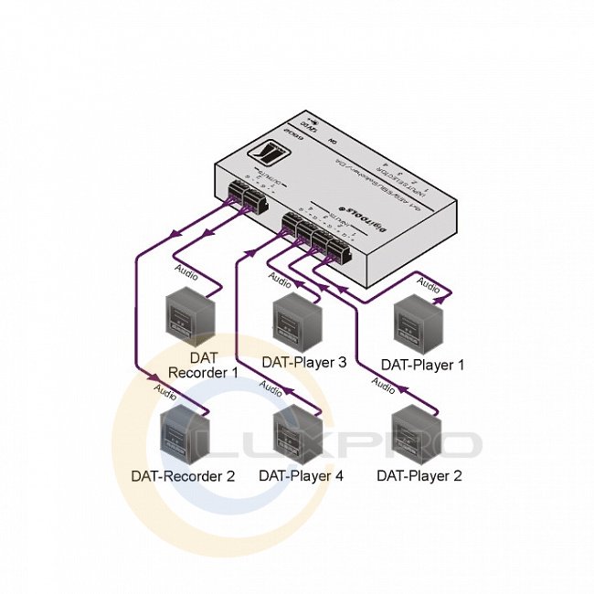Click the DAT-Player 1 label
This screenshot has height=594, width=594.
422,365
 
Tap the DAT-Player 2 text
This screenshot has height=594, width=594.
419,475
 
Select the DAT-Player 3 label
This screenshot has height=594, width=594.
303,362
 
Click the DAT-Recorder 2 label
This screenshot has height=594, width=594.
183,475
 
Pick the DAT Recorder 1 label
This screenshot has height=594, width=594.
203,365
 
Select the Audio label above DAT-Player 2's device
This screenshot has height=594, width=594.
385,387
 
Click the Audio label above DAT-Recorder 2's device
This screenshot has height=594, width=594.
165,391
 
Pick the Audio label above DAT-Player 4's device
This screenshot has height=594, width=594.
271,387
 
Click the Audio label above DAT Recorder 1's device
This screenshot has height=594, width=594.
185,270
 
